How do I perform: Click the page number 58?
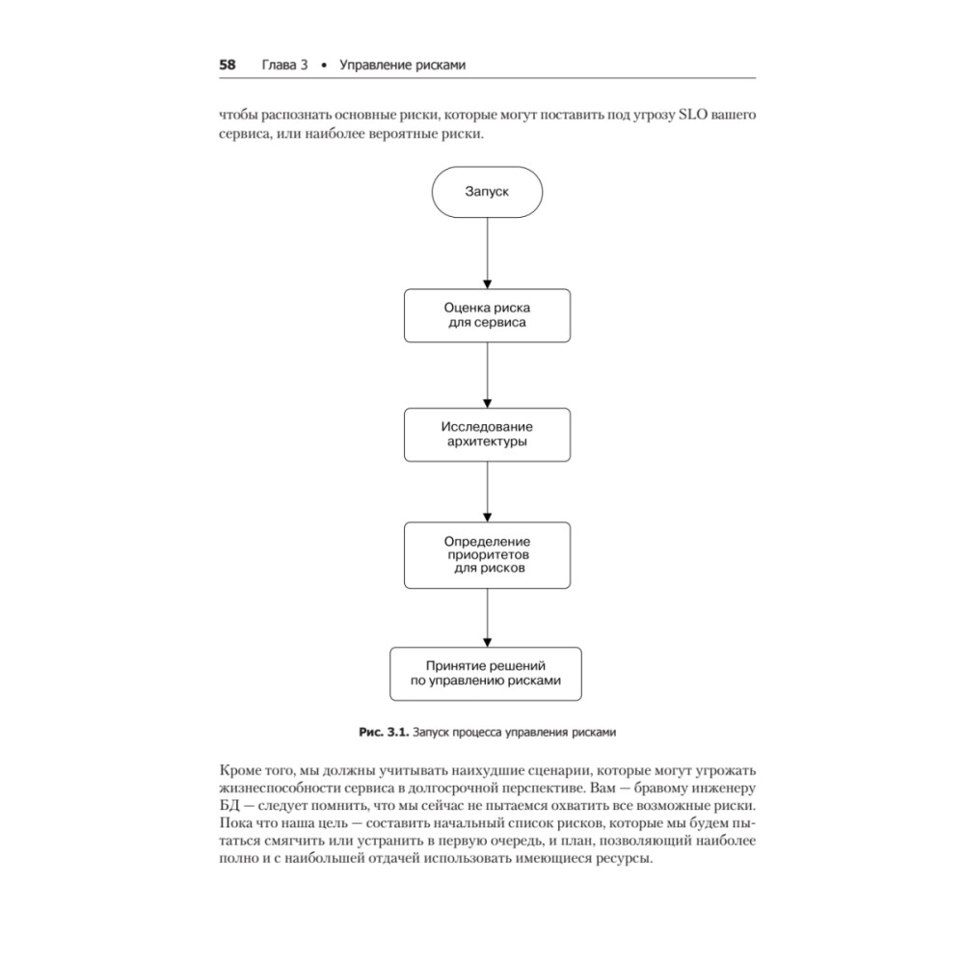(x=228, y=66)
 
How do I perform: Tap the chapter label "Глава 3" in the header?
(x=283, y=66)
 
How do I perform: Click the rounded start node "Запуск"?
(x=487, y=192)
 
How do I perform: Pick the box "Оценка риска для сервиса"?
(x=487, y=315)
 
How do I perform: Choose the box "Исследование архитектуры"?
(x=487, y=434)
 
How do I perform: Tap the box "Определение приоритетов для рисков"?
(x=487, y=555)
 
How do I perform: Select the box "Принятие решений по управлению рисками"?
(x=487, y=673)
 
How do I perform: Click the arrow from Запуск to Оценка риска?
(x=487, y=253)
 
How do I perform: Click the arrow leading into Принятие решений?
(x=487, y=617)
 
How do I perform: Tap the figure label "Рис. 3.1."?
(x=383, y=732)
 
